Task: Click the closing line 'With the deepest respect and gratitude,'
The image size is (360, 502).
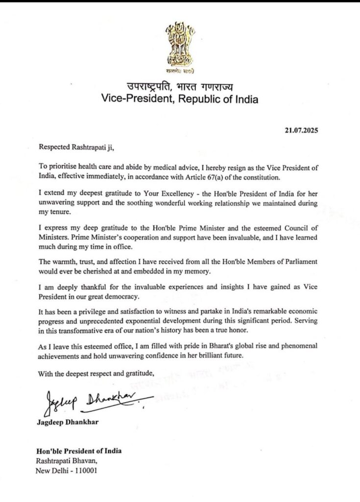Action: tap(96, 375)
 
